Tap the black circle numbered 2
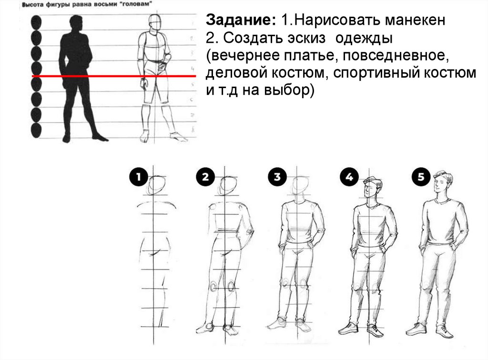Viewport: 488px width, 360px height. (205, 177)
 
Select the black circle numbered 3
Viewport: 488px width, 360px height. (277, 177)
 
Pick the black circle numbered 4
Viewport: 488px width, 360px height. (349, 177)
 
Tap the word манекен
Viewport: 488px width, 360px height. (415, 20)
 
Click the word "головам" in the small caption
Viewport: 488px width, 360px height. (136, 4)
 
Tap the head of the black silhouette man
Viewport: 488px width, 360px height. (76, 22)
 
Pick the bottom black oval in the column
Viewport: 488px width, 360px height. (36, 130)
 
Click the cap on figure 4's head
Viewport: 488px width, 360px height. (372, 181)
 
